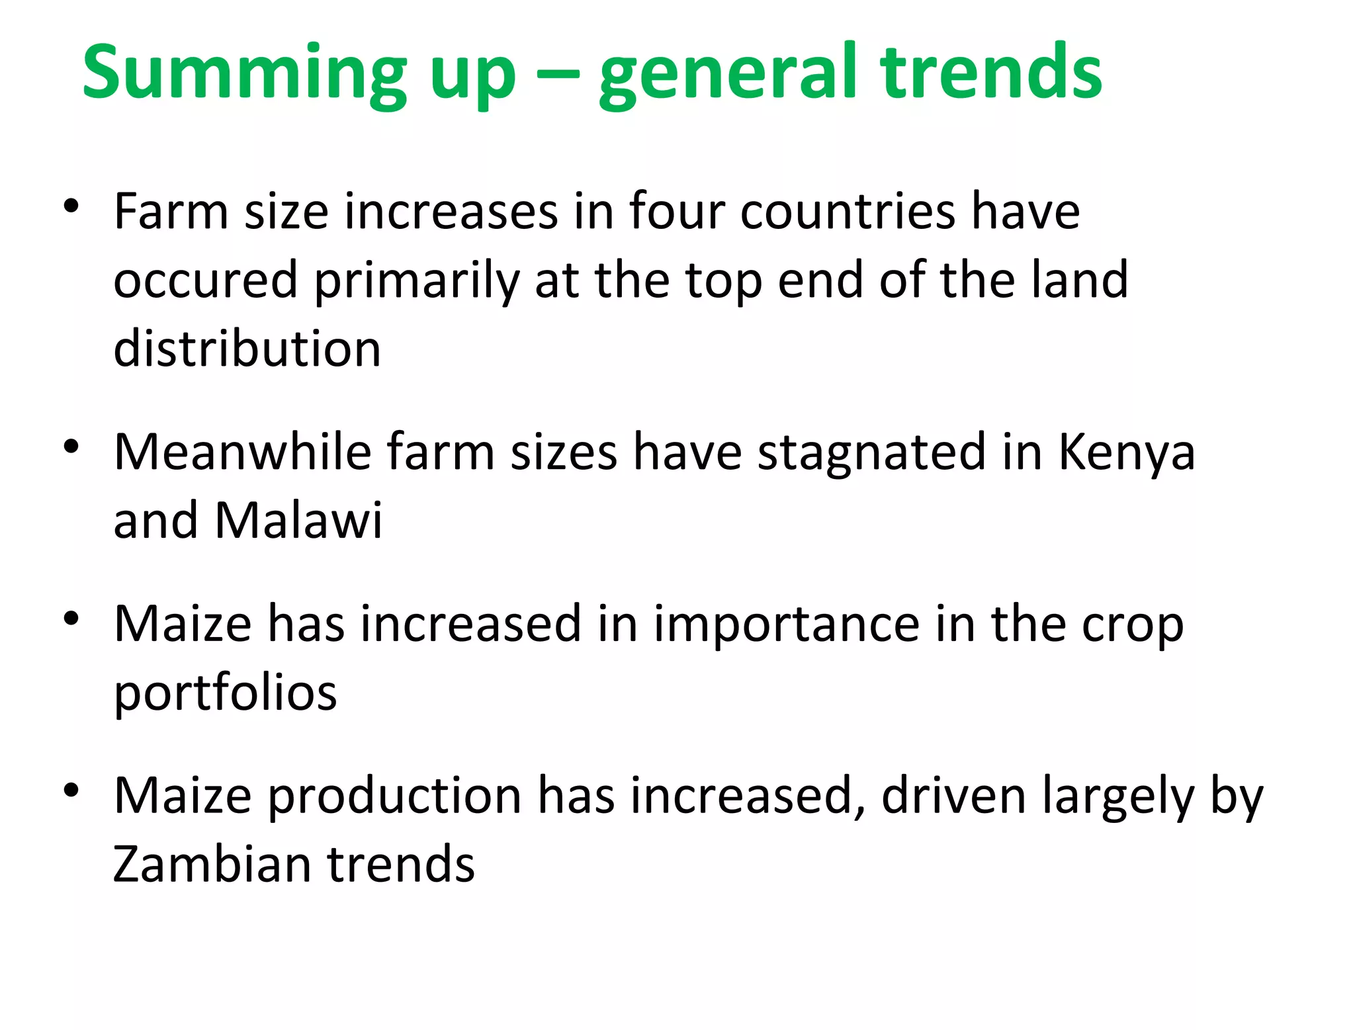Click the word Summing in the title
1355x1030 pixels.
click(x=244, y=73)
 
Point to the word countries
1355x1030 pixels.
click(x=848, y=212)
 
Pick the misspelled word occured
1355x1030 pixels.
click(x=205, y=280)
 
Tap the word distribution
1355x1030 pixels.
click(x=247, y=349)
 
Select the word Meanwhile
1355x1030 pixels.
click(x=242, y=452)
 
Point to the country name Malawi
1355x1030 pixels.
click(x=298, y=520)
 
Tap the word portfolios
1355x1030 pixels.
click(x=225, y=693)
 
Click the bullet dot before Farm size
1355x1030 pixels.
click(x=71, y=206)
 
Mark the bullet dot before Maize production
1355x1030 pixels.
click(x=71, y=790)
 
